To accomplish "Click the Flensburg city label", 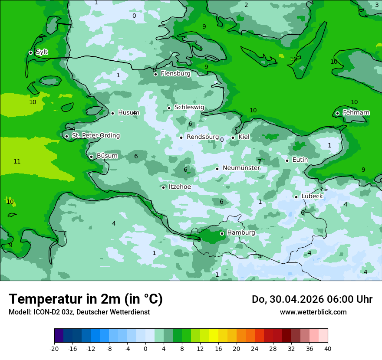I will coord(175,74).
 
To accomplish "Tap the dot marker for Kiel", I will coord(233,137).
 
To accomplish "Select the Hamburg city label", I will coord(241,233).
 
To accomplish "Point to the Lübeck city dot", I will coord(296,197).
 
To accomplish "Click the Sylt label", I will coord(42,52).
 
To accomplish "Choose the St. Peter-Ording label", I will coord(95,136).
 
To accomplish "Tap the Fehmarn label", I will coord(356,113).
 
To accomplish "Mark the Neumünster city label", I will coord(241,168).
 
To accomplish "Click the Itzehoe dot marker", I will coord(164,187).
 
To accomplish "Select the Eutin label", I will coord(300,160).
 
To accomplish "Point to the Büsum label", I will coord(107,156).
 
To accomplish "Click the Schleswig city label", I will coord(189,108).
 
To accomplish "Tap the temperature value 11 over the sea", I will coord(17,162).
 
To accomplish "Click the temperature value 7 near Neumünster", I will coord(260,162).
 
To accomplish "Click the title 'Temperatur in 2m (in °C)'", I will coord(86,299).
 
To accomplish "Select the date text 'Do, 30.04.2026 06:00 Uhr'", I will coord(312,299).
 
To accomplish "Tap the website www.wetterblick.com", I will coord(313,312).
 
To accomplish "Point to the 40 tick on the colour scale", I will coord(327,348).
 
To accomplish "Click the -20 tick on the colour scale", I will coord(54,348).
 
